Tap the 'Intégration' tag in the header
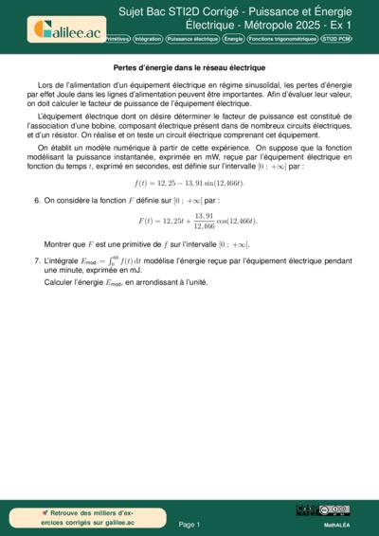pos(148,40)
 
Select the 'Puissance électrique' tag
pos(192,40)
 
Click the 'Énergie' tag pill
pos(233,40)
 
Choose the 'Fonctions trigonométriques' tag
pos(281,40)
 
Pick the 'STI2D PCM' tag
pos(336,40)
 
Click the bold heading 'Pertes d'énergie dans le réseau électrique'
pos(189,69)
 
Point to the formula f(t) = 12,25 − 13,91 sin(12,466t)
pos(189,182)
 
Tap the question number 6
pos(37,201)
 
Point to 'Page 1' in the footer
pos(189,524)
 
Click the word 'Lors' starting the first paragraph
pos(45,85)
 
